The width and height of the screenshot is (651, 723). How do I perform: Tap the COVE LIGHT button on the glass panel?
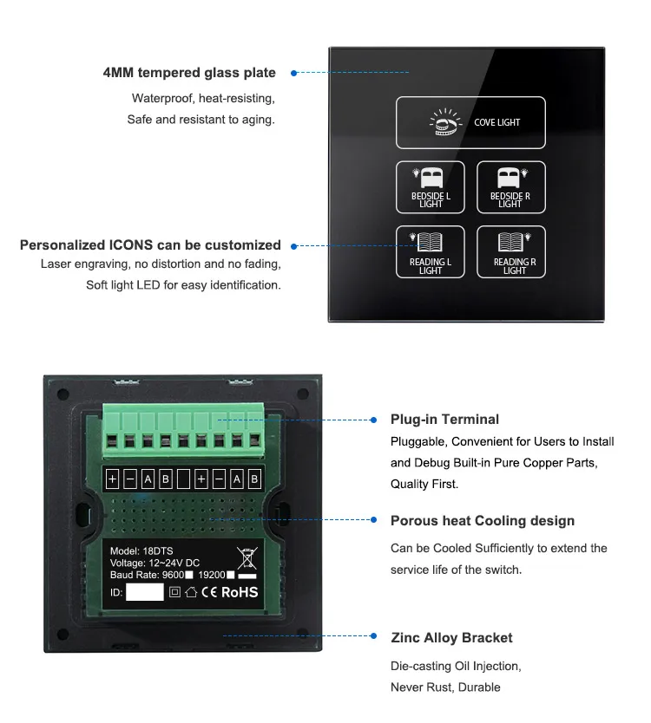tap(470, 122)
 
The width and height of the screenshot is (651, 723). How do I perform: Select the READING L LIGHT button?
tap(431, 252)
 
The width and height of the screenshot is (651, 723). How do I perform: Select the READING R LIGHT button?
tap(511, 252)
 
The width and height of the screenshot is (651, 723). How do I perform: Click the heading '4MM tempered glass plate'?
tap(189, 73)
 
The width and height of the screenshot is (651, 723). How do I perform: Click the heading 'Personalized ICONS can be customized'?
tap(150, 245)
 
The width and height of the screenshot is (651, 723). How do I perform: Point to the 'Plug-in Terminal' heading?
tap(444, 420)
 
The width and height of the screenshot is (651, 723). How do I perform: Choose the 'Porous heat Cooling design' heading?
tap(483, 521)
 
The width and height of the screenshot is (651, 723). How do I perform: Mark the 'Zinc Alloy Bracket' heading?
tap(451, 638)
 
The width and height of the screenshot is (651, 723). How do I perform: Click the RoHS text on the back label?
tap(240, 593)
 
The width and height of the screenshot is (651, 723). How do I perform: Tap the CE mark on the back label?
tap(208, 593)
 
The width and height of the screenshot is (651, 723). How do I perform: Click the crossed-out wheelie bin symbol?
tap(247, 557)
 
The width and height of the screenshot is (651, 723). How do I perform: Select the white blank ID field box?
tap(144, 593)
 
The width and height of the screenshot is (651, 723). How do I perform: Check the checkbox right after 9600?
tap(188, 574)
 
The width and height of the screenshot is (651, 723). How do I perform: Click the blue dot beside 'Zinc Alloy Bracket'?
tap(373, 637)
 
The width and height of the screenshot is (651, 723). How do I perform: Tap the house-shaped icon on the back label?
tap(191, 593)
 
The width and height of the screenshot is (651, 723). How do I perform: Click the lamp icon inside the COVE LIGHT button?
tap(444, 123)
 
